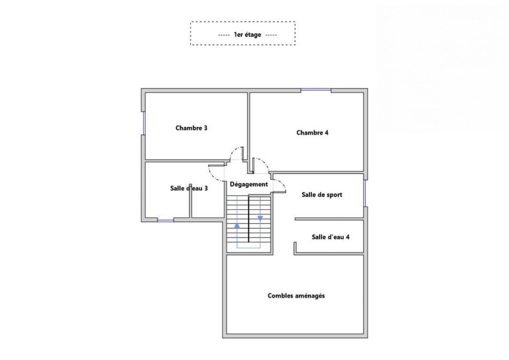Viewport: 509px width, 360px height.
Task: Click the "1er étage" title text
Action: pyautogui.click(x=248, y=34)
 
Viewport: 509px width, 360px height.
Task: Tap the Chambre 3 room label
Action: pyautogui.click(x=191, y=128)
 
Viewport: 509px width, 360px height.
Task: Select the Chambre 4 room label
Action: pyautogui.click(x=312, y=132)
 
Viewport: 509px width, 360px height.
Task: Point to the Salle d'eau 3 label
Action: pyautogui.click(x=189, y=188)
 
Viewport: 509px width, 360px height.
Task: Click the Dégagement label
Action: pyautogui.click(x=249, y=184)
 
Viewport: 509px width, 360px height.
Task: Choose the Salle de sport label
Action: pyautogui.click(x=322, y=195)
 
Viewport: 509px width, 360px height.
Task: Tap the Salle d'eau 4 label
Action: pyautogui.click(x=330, y=237)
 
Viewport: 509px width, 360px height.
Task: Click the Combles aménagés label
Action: pyautogui.click(x=296, y=296)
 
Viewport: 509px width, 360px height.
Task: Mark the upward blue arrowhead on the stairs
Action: pyautogui.click(x=237, y=224)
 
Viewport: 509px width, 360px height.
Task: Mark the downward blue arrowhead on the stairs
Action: pyautogui.click(x=261, y=219)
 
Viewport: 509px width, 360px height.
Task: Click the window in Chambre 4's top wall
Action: pyautogui.click(x=316, y=90)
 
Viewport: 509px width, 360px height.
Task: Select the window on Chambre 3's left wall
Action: pyautogui.click(x=143, y=123)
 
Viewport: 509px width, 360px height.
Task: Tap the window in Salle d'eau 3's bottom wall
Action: pyautogui.click(x=166, y=220)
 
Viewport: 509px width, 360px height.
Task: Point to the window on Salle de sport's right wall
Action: pyautogui.click(x=365, y=193)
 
